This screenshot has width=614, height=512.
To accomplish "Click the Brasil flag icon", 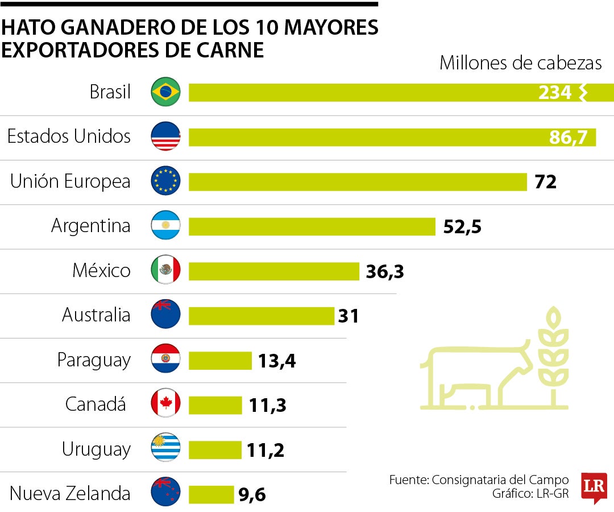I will coord(165,92).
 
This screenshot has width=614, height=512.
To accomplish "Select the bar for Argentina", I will coord(312,226).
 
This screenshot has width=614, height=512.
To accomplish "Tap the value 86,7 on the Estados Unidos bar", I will coord(568,137).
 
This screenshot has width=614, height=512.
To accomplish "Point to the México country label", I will coord(101,270).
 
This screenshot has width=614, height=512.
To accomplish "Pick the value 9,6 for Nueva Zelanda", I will coord(252,494).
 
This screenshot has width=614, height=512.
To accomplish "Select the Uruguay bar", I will coord(214,450).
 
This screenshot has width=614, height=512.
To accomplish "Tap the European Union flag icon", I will coord(165,181).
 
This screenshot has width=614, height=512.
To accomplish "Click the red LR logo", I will coord(594,487).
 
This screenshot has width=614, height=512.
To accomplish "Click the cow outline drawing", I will coord(478,375).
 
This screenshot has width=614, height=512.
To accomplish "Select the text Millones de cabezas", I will coord(520,63).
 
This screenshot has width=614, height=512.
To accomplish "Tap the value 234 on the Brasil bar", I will coord(554,93).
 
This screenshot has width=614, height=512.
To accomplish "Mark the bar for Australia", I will coord(261,316).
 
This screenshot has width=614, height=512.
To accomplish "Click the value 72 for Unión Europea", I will coord(545,182).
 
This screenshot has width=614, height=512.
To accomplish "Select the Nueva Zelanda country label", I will coord(70,493).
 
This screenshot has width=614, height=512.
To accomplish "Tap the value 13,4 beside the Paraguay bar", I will coord(276,361).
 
